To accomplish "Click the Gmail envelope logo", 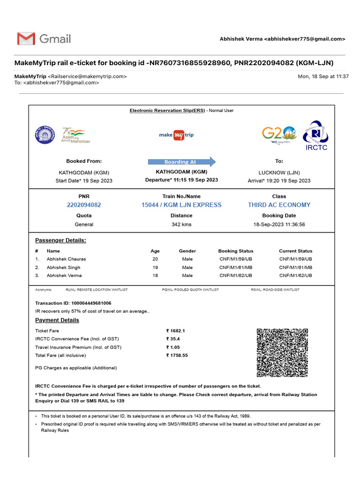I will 26,38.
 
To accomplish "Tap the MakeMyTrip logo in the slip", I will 176,135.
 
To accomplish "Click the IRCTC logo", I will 316,135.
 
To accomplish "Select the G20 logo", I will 279,135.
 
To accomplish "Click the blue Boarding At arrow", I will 181,162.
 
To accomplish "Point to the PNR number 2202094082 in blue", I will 84,205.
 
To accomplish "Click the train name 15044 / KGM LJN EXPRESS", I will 181,205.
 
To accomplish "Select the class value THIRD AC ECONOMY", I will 279,205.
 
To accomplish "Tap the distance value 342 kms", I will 181,225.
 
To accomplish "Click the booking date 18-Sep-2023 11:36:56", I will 279,225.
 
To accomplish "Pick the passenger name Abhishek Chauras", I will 66,259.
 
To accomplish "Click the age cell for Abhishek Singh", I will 155,267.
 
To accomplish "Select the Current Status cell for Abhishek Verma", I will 295,276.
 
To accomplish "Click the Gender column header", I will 187,251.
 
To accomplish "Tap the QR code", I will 282,352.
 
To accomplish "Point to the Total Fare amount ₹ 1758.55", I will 177,355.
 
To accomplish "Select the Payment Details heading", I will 57,320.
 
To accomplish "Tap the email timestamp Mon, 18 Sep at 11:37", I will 323,76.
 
